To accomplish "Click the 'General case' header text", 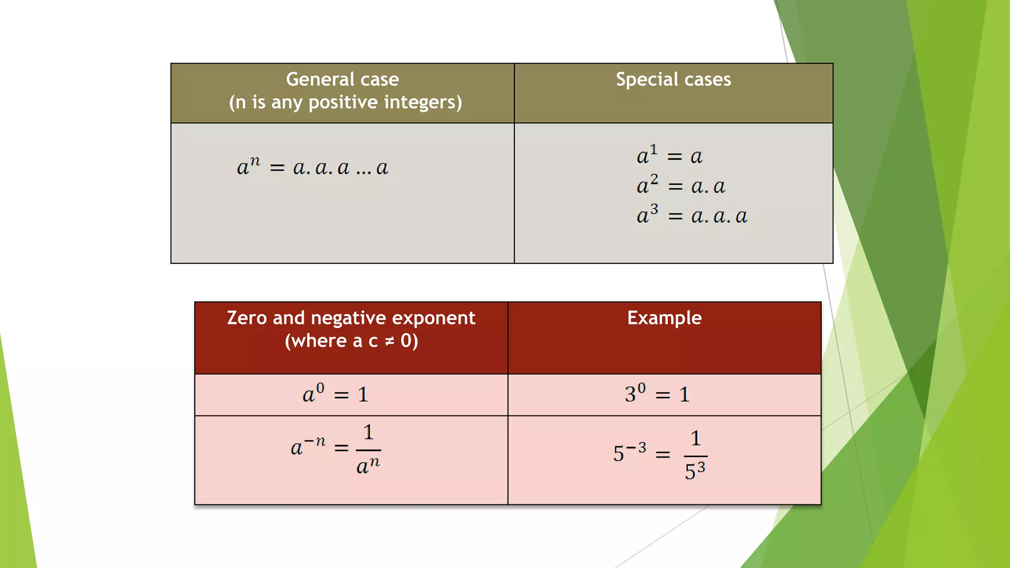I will [x=342, y=79].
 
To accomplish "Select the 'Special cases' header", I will [x=673, y=79].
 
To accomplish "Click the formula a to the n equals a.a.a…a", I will [x=313, y=167].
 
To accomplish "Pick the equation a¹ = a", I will [x=669, y=155].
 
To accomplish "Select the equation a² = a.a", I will [x=681, y=185].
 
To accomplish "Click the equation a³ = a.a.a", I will [x=691, y=215].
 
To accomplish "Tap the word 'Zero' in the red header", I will [x=247, y=318].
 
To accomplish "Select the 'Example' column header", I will [x=664, y=318].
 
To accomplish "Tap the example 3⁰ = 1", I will [x=657, y=394].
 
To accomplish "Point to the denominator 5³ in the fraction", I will [x=695, y=471].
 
